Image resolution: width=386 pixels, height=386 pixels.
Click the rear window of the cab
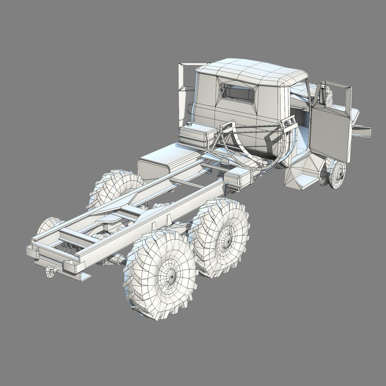click(237, 93)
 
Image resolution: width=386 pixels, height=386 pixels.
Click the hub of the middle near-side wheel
click(226, 237)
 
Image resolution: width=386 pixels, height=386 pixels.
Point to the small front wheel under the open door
click(337, 174)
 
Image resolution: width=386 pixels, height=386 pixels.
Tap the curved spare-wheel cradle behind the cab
click(257, 150)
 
